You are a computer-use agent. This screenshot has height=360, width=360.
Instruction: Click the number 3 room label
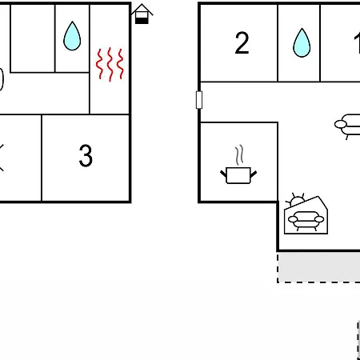86,156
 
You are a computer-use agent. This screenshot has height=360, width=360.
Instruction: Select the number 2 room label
242,43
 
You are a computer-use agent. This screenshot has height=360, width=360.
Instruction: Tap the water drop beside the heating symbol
72,36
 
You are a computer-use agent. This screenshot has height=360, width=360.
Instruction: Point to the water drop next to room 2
302,42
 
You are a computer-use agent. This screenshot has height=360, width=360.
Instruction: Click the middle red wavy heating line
110,64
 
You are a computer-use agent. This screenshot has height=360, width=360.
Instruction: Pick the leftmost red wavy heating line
99,64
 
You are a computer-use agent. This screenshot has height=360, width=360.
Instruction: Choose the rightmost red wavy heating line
121,64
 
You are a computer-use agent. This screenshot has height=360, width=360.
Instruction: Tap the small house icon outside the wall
142,14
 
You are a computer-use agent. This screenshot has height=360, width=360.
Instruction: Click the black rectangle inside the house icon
142,21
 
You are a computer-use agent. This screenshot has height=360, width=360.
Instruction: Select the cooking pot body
238,175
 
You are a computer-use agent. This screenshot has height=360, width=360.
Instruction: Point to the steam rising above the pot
239,155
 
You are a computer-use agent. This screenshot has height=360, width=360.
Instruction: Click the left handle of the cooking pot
223,174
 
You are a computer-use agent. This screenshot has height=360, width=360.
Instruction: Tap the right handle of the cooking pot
254,174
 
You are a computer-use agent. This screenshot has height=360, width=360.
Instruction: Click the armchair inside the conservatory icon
306,220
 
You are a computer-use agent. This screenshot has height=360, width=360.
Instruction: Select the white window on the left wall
199,100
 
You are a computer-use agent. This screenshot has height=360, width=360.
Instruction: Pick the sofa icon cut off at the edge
347,126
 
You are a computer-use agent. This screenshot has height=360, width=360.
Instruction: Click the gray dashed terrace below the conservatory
318,267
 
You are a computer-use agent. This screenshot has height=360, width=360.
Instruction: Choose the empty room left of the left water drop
33,38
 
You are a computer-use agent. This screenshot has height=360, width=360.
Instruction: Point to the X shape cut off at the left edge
2,158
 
